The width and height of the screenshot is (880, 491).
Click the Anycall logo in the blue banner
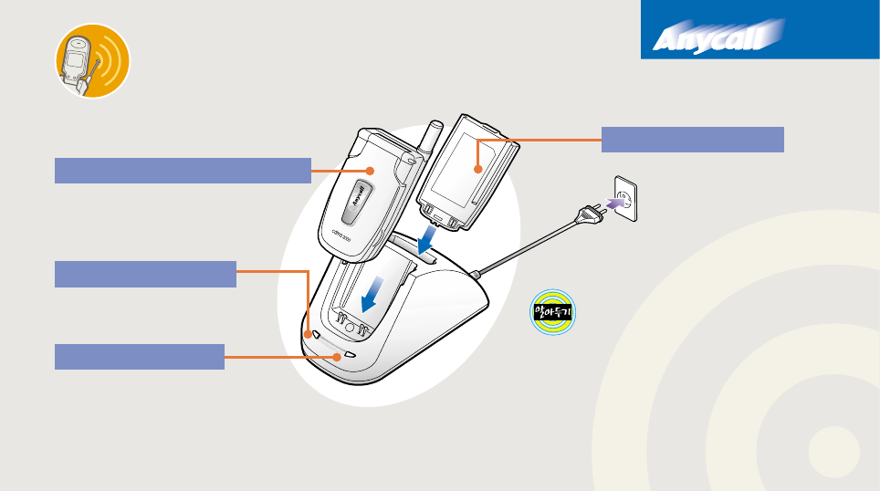(718, 38)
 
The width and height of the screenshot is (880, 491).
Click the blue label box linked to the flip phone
(183, 170)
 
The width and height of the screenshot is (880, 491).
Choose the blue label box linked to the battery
(693, 140)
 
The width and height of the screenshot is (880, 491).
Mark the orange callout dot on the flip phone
(370, 170)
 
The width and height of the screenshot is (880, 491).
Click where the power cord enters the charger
(477, 273)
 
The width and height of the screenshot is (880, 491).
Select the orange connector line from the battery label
(539, 140)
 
